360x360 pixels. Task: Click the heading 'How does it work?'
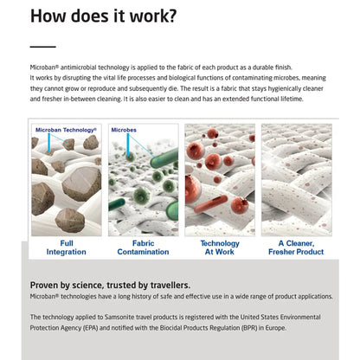(x=103, y=16)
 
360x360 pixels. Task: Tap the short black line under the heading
(x=43, y=47)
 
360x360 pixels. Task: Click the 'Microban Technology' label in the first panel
(x=66, y=130)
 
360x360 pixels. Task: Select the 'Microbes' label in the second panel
(x=124, y=130)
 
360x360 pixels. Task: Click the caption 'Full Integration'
(x=67, y=247)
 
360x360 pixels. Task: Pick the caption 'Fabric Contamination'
(x=143, y=247)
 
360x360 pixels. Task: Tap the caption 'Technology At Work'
(x=220, y=247)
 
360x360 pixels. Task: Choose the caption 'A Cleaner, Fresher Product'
(x=296, y=247)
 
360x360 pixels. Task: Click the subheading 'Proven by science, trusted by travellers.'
(x=110, y=286)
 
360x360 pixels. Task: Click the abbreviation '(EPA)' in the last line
(x=91, y=328)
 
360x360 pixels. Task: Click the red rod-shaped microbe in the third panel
(x=211, y=203)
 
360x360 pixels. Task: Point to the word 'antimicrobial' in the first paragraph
(x=79, y=67)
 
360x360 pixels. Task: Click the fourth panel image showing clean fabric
(x=297, y=180)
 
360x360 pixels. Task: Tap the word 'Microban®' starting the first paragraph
(x=44, y=67)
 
